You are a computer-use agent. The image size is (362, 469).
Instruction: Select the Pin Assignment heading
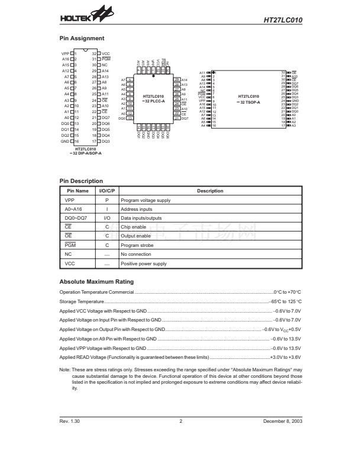coord(82,38)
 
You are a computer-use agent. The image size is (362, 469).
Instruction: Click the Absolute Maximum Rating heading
coord(97,281)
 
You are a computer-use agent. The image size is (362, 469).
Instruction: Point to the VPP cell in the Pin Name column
coord(70,200)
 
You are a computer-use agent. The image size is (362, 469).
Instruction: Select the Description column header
coord(209,191)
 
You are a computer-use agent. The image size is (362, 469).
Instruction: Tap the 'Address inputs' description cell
coord(136,209)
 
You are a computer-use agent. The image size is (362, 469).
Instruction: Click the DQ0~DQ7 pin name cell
coord(74,218)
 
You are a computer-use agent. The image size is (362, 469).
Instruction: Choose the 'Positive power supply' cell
coord(143,264)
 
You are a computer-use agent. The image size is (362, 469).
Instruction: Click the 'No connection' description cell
coord(135,254)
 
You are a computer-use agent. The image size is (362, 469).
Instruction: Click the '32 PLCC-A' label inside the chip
coord(153,102)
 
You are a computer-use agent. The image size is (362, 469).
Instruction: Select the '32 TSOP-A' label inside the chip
coord(248,102)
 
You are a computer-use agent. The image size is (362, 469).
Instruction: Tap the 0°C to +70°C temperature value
coord(287,292)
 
